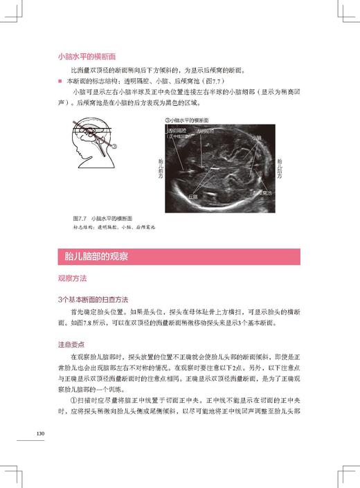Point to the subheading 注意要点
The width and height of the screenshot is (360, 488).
coord(72,343)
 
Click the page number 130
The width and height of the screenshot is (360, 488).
coord(40,434)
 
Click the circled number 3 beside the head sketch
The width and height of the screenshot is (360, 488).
coord(116,146)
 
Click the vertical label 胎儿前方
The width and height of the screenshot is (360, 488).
coord(162,165)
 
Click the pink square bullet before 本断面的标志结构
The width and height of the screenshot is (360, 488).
coord(60,81)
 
